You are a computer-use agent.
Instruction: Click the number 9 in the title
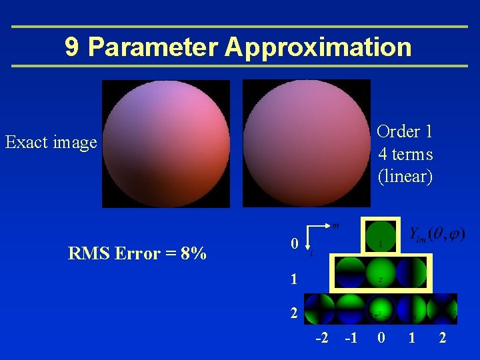point(73,47)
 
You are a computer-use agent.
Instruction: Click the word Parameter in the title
point(153,47)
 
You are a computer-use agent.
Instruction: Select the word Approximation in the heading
point(319,47)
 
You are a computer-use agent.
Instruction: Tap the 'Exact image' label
point(51,142)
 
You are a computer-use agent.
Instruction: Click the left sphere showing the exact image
point(166,143)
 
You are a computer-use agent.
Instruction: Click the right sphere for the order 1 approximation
point(307,143)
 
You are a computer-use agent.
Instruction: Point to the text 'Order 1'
point(405,131)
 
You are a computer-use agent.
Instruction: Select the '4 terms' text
point(405,154)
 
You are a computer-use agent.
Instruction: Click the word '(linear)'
point(405,177)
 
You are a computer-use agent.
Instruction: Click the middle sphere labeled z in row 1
point(380,273)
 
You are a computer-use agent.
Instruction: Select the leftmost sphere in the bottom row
point(319,308)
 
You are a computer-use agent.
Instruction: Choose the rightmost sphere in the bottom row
point(442,308)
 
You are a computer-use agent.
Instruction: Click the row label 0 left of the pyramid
point(294,245)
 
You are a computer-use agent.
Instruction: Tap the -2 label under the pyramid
point(321,338)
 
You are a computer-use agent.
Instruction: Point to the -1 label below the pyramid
point(351,338)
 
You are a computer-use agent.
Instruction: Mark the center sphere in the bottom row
point(380,308)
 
